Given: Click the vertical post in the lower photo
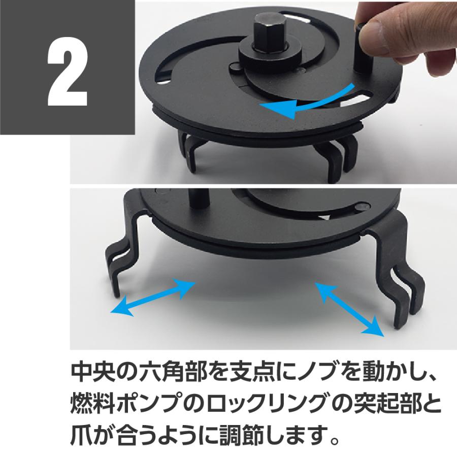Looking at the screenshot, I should click(x=197, y=203).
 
